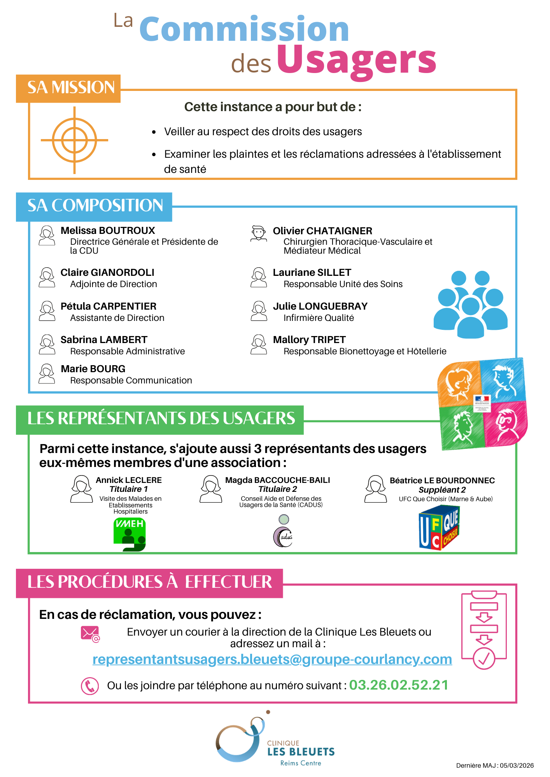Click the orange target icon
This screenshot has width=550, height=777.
click(74, 140)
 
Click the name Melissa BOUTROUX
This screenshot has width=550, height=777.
click(108, 231)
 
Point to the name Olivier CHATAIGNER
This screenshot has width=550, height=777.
click(322, 231)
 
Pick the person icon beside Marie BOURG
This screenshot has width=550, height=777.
click(47, 374)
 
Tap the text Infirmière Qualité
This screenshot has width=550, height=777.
click(319, 318)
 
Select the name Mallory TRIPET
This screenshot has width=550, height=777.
click(309, 340)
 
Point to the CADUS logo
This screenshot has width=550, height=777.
click(283, 532)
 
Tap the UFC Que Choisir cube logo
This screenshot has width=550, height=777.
click(439, 527)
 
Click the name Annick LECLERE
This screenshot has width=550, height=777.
click(129, 481)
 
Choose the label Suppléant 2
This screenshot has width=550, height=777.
click(442, 490)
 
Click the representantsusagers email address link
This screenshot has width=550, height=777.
click(272, 660)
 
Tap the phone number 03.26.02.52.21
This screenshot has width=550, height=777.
click(398, 685)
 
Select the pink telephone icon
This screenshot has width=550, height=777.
click(90, 686)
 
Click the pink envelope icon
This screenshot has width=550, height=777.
click(90, 634)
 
